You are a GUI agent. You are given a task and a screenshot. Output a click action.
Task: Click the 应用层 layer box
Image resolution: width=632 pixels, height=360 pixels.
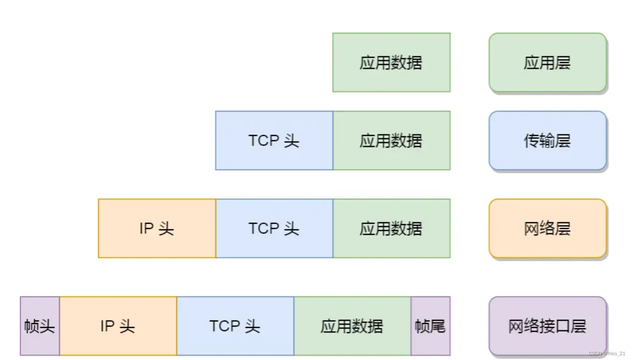[x=547, y=63]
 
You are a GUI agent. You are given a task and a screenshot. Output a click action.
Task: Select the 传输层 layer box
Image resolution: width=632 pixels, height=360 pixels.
[x=547, y=141]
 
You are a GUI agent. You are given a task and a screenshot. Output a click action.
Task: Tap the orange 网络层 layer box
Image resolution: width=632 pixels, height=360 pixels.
[x=547, y=228]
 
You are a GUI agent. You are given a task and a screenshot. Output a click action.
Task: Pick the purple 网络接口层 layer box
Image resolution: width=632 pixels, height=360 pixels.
[x=547, y=326]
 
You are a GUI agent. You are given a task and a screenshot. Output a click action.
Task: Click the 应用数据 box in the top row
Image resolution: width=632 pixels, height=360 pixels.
[x=391, y=63]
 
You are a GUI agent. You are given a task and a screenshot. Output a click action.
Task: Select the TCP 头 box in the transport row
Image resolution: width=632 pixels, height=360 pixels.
[x=274, y=141]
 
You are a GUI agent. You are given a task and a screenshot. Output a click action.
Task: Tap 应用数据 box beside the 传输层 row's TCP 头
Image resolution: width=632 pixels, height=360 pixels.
[x=391, y=141]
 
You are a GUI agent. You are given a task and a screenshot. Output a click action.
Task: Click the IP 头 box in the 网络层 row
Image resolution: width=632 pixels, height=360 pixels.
[x=157, y=228]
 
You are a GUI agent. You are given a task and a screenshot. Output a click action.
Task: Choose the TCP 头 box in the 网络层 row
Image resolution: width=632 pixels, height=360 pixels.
[x=274, y=228]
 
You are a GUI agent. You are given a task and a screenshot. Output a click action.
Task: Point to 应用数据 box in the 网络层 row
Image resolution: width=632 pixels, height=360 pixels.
[x=391, y=228]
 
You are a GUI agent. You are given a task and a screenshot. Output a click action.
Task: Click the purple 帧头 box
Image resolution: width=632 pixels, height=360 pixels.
[x=39, y=326]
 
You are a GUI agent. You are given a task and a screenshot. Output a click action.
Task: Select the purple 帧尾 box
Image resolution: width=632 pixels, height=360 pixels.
[x=430, y=326]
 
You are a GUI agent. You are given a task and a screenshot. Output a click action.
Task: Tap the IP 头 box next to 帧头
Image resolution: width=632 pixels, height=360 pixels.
[x=118, y=326]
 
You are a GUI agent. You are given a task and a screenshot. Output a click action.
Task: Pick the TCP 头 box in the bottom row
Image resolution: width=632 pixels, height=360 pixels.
[x=235, y=326]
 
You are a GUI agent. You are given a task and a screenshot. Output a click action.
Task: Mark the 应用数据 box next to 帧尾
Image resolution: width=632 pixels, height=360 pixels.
[x=352, y=326]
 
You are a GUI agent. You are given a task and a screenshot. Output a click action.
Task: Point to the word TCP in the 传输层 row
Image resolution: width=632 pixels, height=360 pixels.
[x=263, y=141]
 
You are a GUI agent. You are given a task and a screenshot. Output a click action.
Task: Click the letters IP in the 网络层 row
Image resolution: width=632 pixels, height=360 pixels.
[x=146, y=228]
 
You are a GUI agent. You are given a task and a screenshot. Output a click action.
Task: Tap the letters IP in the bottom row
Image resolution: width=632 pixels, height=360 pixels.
[x=107, y=326]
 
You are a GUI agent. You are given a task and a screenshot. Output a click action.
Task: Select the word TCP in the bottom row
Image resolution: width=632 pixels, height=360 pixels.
[x=224, y=326]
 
